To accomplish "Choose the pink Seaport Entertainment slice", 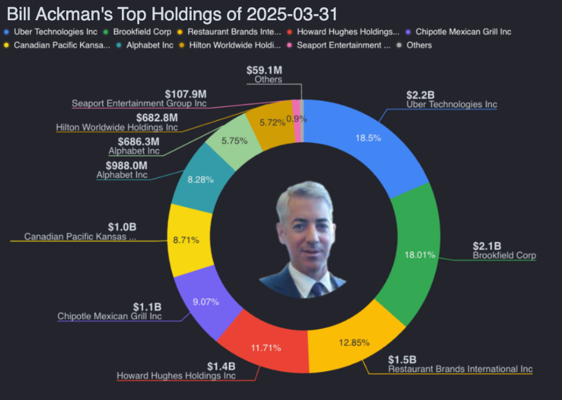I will click(x=298, y=112).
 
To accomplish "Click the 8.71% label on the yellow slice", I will click(x=186, y=240).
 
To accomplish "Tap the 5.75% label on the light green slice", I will click(x=234, y=140).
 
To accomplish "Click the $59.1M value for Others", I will click(x=264, y=70).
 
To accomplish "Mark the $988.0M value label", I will click(x=127, y=166).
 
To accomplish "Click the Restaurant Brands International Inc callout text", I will click(x=460, y=369).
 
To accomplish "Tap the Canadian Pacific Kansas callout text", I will click(x=80, y=236).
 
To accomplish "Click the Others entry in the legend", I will click(x=419, y=45).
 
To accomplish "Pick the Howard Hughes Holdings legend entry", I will click(x=347, y=31).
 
